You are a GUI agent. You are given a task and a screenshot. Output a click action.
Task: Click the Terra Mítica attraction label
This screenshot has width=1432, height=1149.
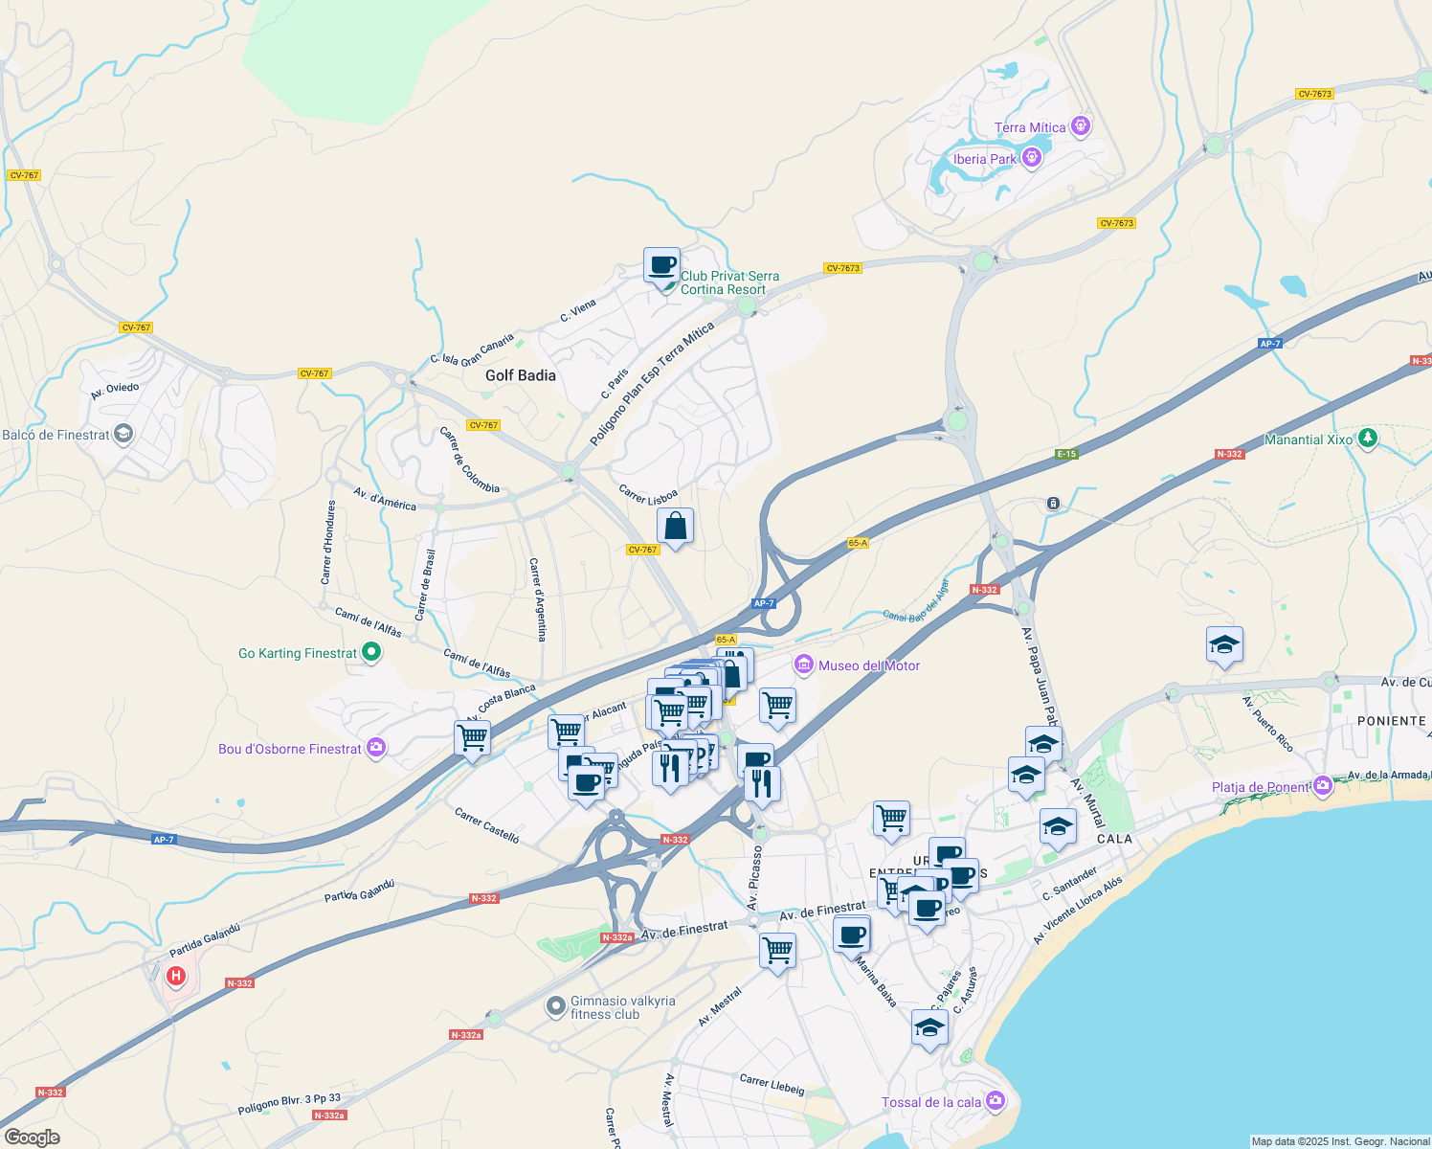coord(1029,127)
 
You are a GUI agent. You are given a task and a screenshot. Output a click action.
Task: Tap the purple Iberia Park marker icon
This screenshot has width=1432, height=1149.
coord(1031,158)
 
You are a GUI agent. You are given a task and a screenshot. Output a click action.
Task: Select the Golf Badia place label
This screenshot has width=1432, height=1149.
coord(520,375)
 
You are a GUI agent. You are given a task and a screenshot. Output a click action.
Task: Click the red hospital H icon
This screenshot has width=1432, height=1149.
coord(176,977)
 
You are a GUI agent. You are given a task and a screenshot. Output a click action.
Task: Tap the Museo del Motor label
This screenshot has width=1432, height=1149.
coord(868,665)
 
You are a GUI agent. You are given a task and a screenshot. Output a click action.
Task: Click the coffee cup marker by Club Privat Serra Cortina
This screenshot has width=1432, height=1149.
coord(661,264)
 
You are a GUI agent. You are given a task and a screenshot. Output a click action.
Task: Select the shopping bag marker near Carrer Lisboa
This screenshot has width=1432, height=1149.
coord(675,527)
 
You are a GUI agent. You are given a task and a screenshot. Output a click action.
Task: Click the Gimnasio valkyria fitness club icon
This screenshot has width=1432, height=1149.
coord(555,1006)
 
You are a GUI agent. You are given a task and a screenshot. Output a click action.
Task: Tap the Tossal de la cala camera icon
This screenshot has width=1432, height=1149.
coord(996,1101)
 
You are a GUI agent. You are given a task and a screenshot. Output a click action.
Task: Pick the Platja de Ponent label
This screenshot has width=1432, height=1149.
coord(1260,787)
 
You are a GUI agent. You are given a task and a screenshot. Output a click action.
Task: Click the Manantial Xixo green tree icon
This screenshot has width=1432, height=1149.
coord(1368,439)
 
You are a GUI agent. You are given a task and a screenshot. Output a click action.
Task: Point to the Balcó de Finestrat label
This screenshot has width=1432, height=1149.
coord(56,435)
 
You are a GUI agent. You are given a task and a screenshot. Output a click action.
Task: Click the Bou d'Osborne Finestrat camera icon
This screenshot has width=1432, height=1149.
coord(376,748)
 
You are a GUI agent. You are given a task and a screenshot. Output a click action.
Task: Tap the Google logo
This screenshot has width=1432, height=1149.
coord(32,1137)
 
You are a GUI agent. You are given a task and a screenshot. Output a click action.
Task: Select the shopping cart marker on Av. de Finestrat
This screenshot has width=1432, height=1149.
coord(777,951)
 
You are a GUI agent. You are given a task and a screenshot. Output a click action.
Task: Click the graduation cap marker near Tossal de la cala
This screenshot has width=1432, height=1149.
coord(929,1028)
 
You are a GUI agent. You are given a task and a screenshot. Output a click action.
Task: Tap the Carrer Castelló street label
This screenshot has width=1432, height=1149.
coord(487,825)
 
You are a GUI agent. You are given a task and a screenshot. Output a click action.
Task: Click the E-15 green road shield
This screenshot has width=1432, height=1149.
coord(1066,454)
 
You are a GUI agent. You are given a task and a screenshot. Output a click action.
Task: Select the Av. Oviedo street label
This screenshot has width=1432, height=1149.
coord(115,391)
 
